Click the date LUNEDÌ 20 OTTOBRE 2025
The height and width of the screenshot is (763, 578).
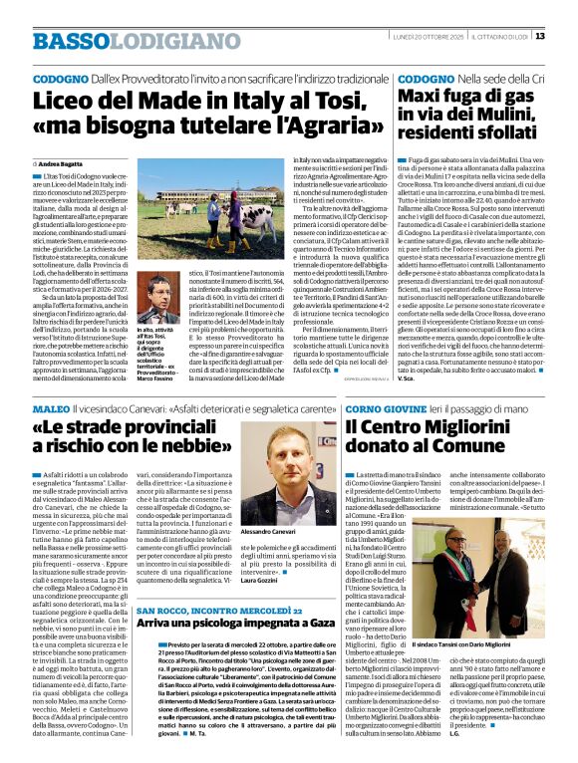(x=423, y=37)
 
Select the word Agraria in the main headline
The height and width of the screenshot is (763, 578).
(x=315, y=127)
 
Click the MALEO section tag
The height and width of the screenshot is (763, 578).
(x=51, y=409)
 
